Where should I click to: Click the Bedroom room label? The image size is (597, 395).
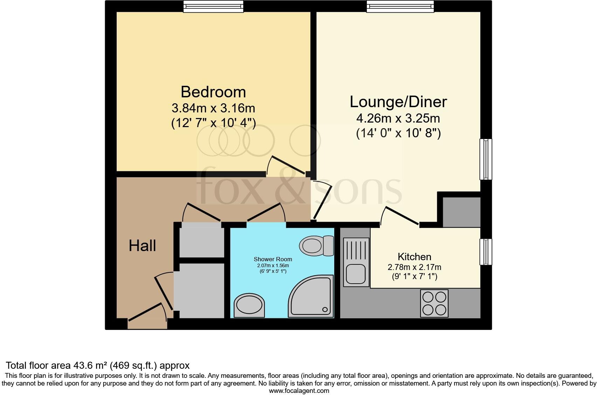point(213,92)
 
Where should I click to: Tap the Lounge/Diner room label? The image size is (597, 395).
point(398,102)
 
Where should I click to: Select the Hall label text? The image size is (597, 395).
point(142,246)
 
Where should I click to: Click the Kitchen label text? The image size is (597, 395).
point(414,257)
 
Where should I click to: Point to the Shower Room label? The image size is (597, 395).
point(273,259)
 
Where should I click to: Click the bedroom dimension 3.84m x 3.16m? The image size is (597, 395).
point(213,108)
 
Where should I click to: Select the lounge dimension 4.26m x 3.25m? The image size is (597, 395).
point(398,118)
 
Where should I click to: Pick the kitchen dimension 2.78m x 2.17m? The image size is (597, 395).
point(414,267)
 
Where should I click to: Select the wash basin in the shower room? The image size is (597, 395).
point(249,305)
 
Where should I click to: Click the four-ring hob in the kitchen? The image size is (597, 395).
point(434,303)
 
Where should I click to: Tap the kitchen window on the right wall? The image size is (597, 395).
point(486,252)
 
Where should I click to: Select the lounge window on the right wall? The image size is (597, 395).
point(486,159)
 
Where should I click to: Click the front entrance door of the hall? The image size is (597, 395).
point(147,316)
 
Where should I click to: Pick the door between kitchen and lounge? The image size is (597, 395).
point(399,216)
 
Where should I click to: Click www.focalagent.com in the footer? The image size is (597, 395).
point(299,391)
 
